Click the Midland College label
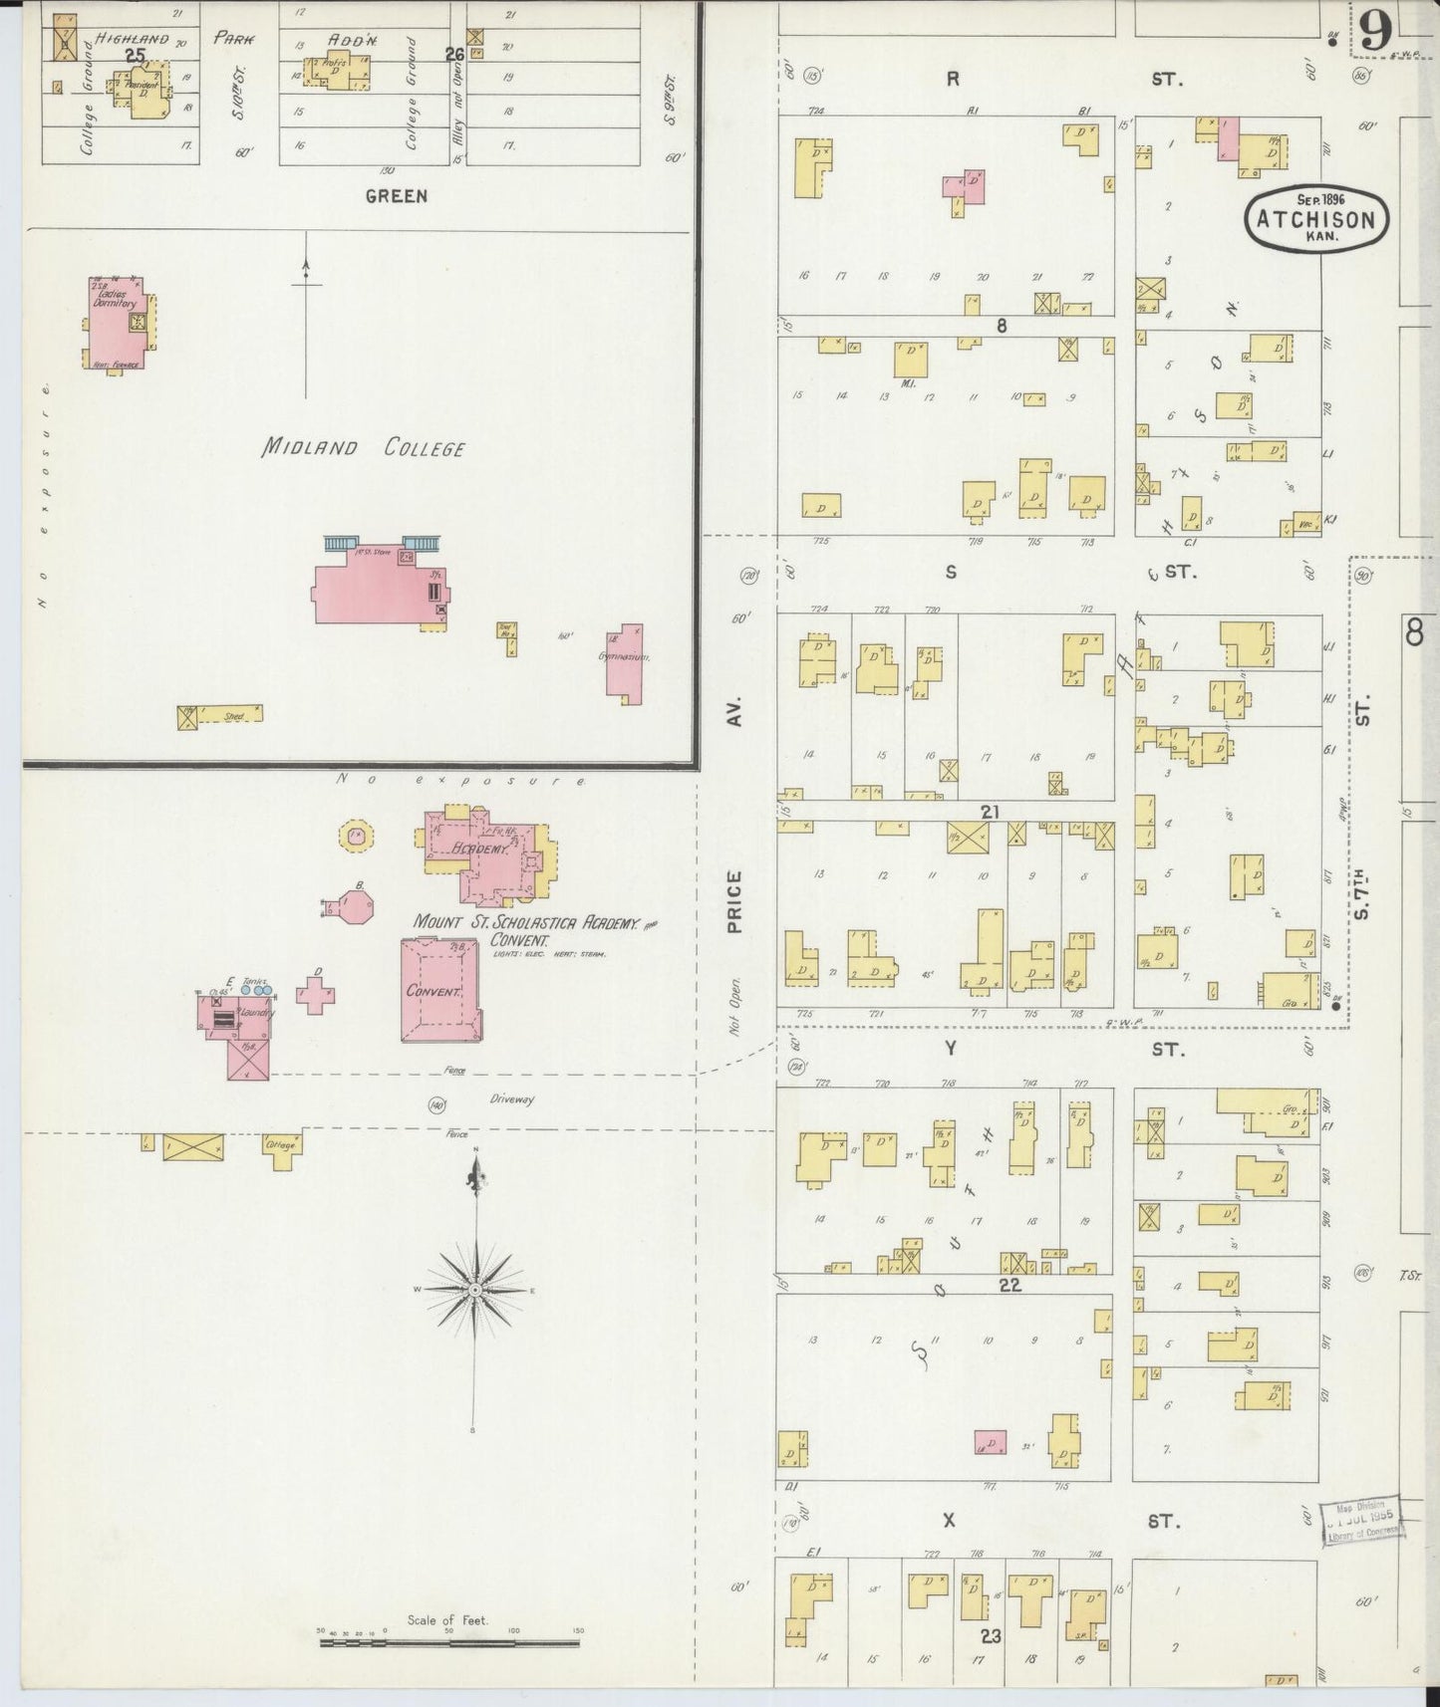(363, 447)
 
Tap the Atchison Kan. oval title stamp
(1316, 220)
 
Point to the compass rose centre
(476, 1289)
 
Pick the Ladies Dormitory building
(118, 322)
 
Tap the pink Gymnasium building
(625, 661)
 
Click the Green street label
(396, 196)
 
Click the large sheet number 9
(1375, 35)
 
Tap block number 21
(989, 813)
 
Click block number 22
(1009, 1285)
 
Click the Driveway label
(512, 1099)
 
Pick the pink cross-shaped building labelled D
(316, 994)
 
